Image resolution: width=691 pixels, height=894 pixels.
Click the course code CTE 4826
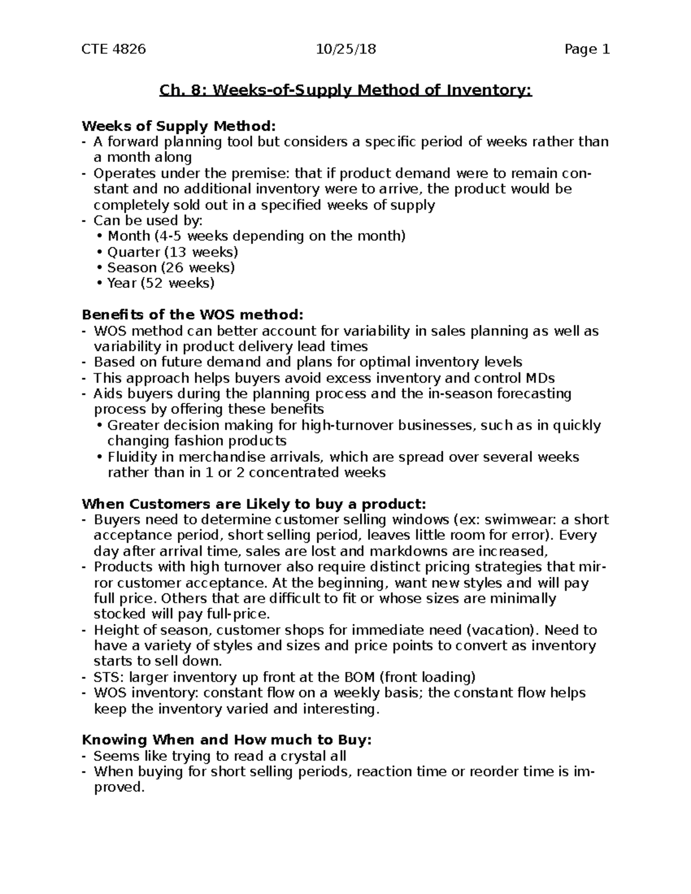(x=113, y=49)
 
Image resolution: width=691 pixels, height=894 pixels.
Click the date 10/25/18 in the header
(x=346, y=49)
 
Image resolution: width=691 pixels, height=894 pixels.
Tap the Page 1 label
(x=587, y=49)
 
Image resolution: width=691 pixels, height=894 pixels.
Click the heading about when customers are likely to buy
(x=254, y=504)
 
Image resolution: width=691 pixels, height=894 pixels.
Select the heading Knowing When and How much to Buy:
(x=227, y=740)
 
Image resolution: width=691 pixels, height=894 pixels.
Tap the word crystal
(x=297, y=756)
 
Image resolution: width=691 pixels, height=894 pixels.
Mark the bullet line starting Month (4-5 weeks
(x=256, y=236)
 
